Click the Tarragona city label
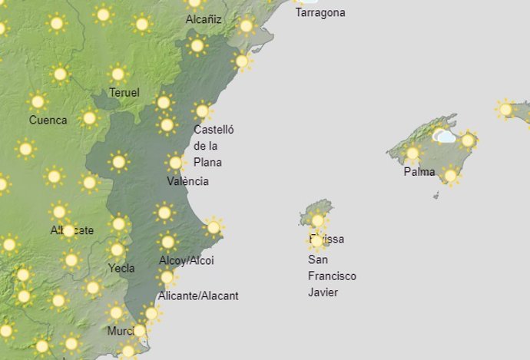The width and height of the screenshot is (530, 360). [x=320, y=13]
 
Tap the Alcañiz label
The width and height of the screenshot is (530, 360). [x=204, y=20]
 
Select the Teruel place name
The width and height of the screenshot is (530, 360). [x=124, y=93]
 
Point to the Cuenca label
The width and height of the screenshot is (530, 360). [x=48, y=121]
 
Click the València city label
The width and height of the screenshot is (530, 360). [x=187, y=182]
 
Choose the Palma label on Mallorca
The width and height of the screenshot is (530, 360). [x=419, y=172]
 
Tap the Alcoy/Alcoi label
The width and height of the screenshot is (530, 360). [x=186, y=261]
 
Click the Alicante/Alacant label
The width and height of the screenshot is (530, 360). [x=198, y=296]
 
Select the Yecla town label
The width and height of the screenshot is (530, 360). [x=121, y=269]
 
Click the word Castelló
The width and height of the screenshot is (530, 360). [x=214, y=130]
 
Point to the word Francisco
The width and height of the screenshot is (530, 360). [x=332, y=276]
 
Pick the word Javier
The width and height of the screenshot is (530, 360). [x=323, y=293]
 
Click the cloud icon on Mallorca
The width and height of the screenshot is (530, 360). [x=445, y=137]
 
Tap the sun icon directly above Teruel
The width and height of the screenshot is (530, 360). [x=118, y=74]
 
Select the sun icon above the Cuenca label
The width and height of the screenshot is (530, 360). [x=37, y=101]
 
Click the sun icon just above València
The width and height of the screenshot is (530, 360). [x=175, y=163]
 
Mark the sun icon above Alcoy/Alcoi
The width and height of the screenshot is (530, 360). [x=167, y=243]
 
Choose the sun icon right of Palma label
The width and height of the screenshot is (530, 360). [x=451, y=177]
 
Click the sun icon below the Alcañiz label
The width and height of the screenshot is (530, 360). [x=197, y=46]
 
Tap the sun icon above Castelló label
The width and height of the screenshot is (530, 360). [x=202, y=111]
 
